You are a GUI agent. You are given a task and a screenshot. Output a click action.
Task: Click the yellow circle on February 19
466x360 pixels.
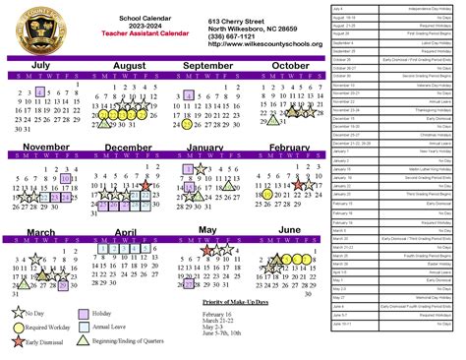[267, 195]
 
